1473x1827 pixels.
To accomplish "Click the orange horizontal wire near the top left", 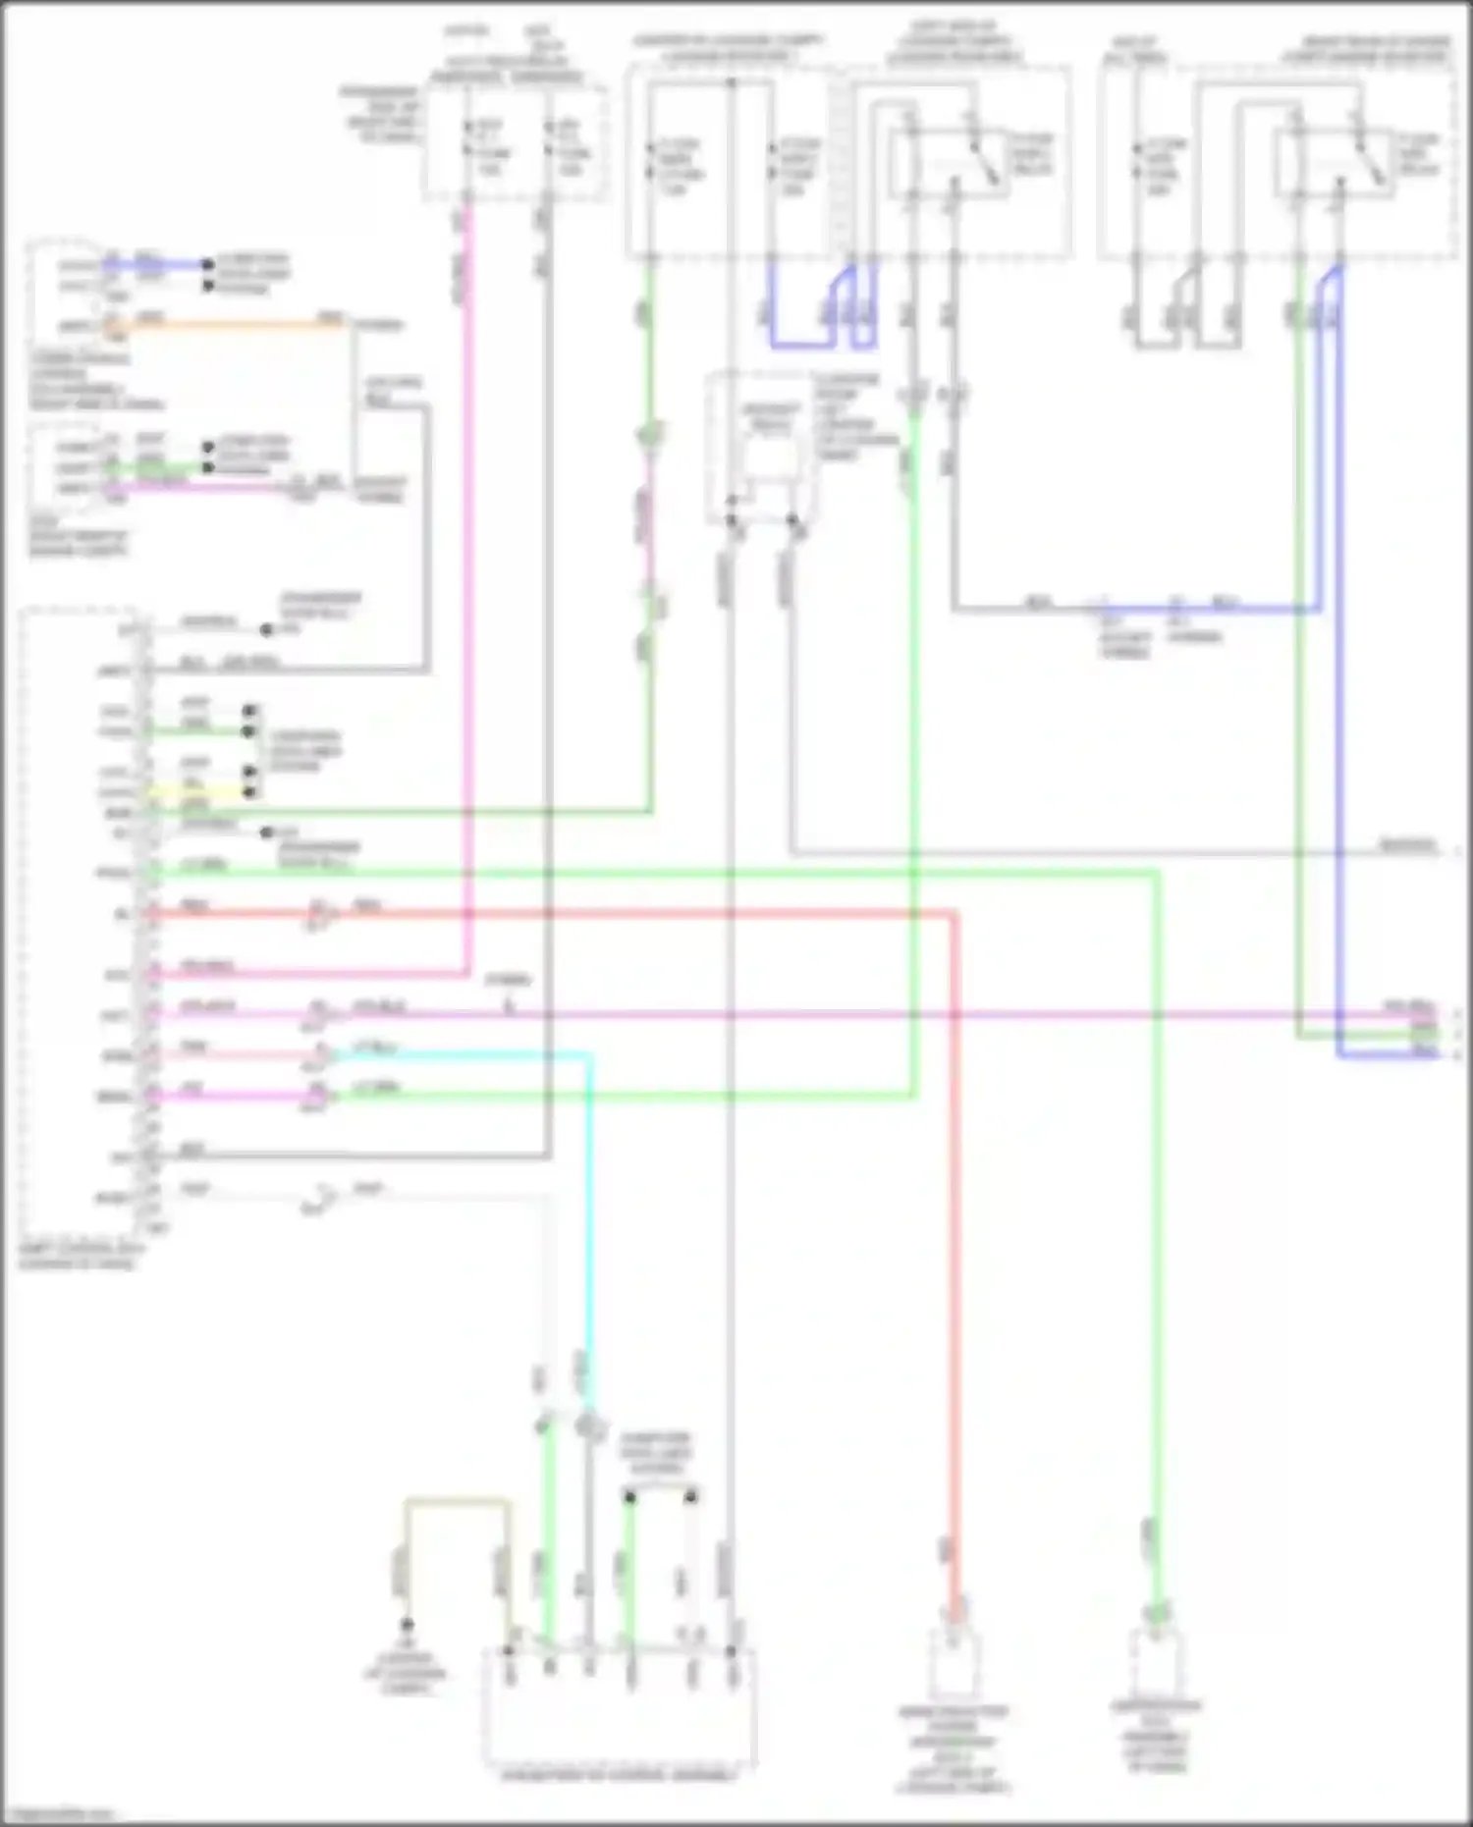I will (236, 324).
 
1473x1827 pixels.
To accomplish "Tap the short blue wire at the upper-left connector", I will (157, 265).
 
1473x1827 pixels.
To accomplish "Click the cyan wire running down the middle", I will (589, 1227).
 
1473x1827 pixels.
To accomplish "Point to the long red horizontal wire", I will (589, 914).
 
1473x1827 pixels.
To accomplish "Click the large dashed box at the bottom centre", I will (619, 1708).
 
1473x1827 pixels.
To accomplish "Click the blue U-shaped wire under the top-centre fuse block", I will (800, 344).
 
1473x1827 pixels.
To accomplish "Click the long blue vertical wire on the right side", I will (1338, 687).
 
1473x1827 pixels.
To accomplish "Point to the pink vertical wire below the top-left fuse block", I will (467, 589).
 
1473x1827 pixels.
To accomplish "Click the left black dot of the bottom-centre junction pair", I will (629, 1497).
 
